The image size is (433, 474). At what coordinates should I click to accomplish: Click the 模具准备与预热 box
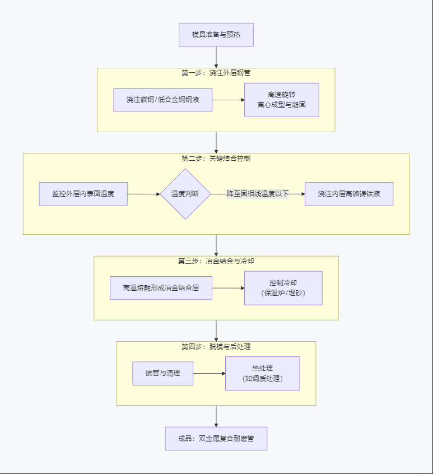click(216, 35)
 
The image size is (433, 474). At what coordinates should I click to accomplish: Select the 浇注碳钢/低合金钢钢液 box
click(162, 100)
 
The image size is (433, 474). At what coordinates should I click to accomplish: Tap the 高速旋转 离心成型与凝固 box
click(281, 100)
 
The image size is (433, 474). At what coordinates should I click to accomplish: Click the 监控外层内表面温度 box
click(83, 194)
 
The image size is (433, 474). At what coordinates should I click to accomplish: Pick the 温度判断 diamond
click(185, 194)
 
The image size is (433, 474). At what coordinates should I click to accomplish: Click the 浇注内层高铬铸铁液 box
click(348, 194)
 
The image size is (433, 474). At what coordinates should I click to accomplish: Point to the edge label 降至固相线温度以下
click(258, 194)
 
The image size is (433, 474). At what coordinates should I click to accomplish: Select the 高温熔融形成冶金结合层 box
click(161, 288)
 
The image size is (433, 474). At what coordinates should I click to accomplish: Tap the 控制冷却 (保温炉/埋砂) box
click(283, 288)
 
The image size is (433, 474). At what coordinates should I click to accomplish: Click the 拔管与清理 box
click(162, 373)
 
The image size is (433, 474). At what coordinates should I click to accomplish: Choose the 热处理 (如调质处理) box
click(262, 373)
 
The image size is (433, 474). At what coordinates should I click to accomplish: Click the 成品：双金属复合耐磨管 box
click(216, 439)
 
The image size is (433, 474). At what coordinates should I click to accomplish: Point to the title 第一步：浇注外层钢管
click(216, 73)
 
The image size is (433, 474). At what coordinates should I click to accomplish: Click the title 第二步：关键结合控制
click(216, 159)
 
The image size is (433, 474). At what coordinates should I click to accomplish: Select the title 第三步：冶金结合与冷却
click(216, 261)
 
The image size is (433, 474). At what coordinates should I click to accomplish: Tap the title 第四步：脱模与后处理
click(216, 347)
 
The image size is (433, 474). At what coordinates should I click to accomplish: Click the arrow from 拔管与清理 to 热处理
click(209, 373)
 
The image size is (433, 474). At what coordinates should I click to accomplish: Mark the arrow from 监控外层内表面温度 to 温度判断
click(144, 194)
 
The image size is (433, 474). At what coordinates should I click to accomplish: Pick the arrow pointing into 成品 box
click(216, 416)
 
